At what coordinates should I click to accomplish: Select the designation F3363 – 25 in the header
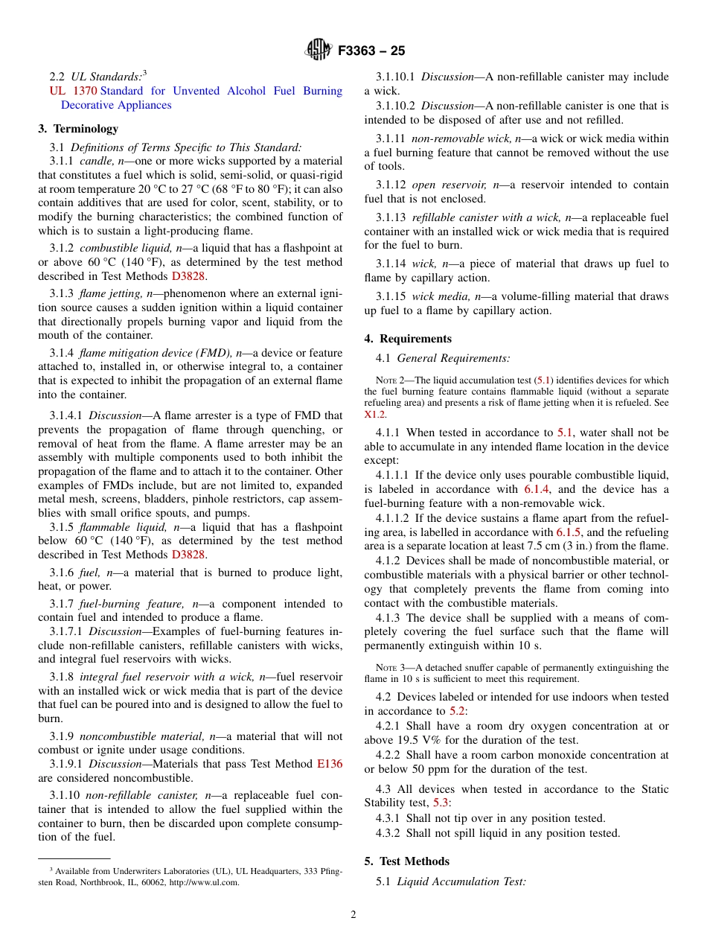(x=371, y=51)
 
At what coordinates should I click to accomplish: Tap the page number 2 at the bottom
(x=353, y=915)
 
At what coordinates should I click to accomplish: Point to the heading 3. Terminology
(x=78, y=129)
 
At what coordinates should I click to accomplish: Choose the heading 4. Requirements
(x=408, y=339)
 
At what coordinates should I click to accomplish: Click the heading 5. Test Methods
(x=407, y=861)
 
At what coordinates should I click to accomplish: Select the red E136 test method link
(x=330, y=764)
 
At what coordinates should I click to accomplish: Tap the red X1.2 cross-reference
(x=375, y=414)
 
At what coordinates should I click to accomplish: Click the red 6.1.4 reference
(x=536, y=489)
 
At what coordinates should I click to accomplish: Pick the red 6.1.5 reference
(x=569, y=532)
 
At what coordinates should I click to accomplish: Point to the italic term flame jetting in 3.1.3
(x=111, y=293)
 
